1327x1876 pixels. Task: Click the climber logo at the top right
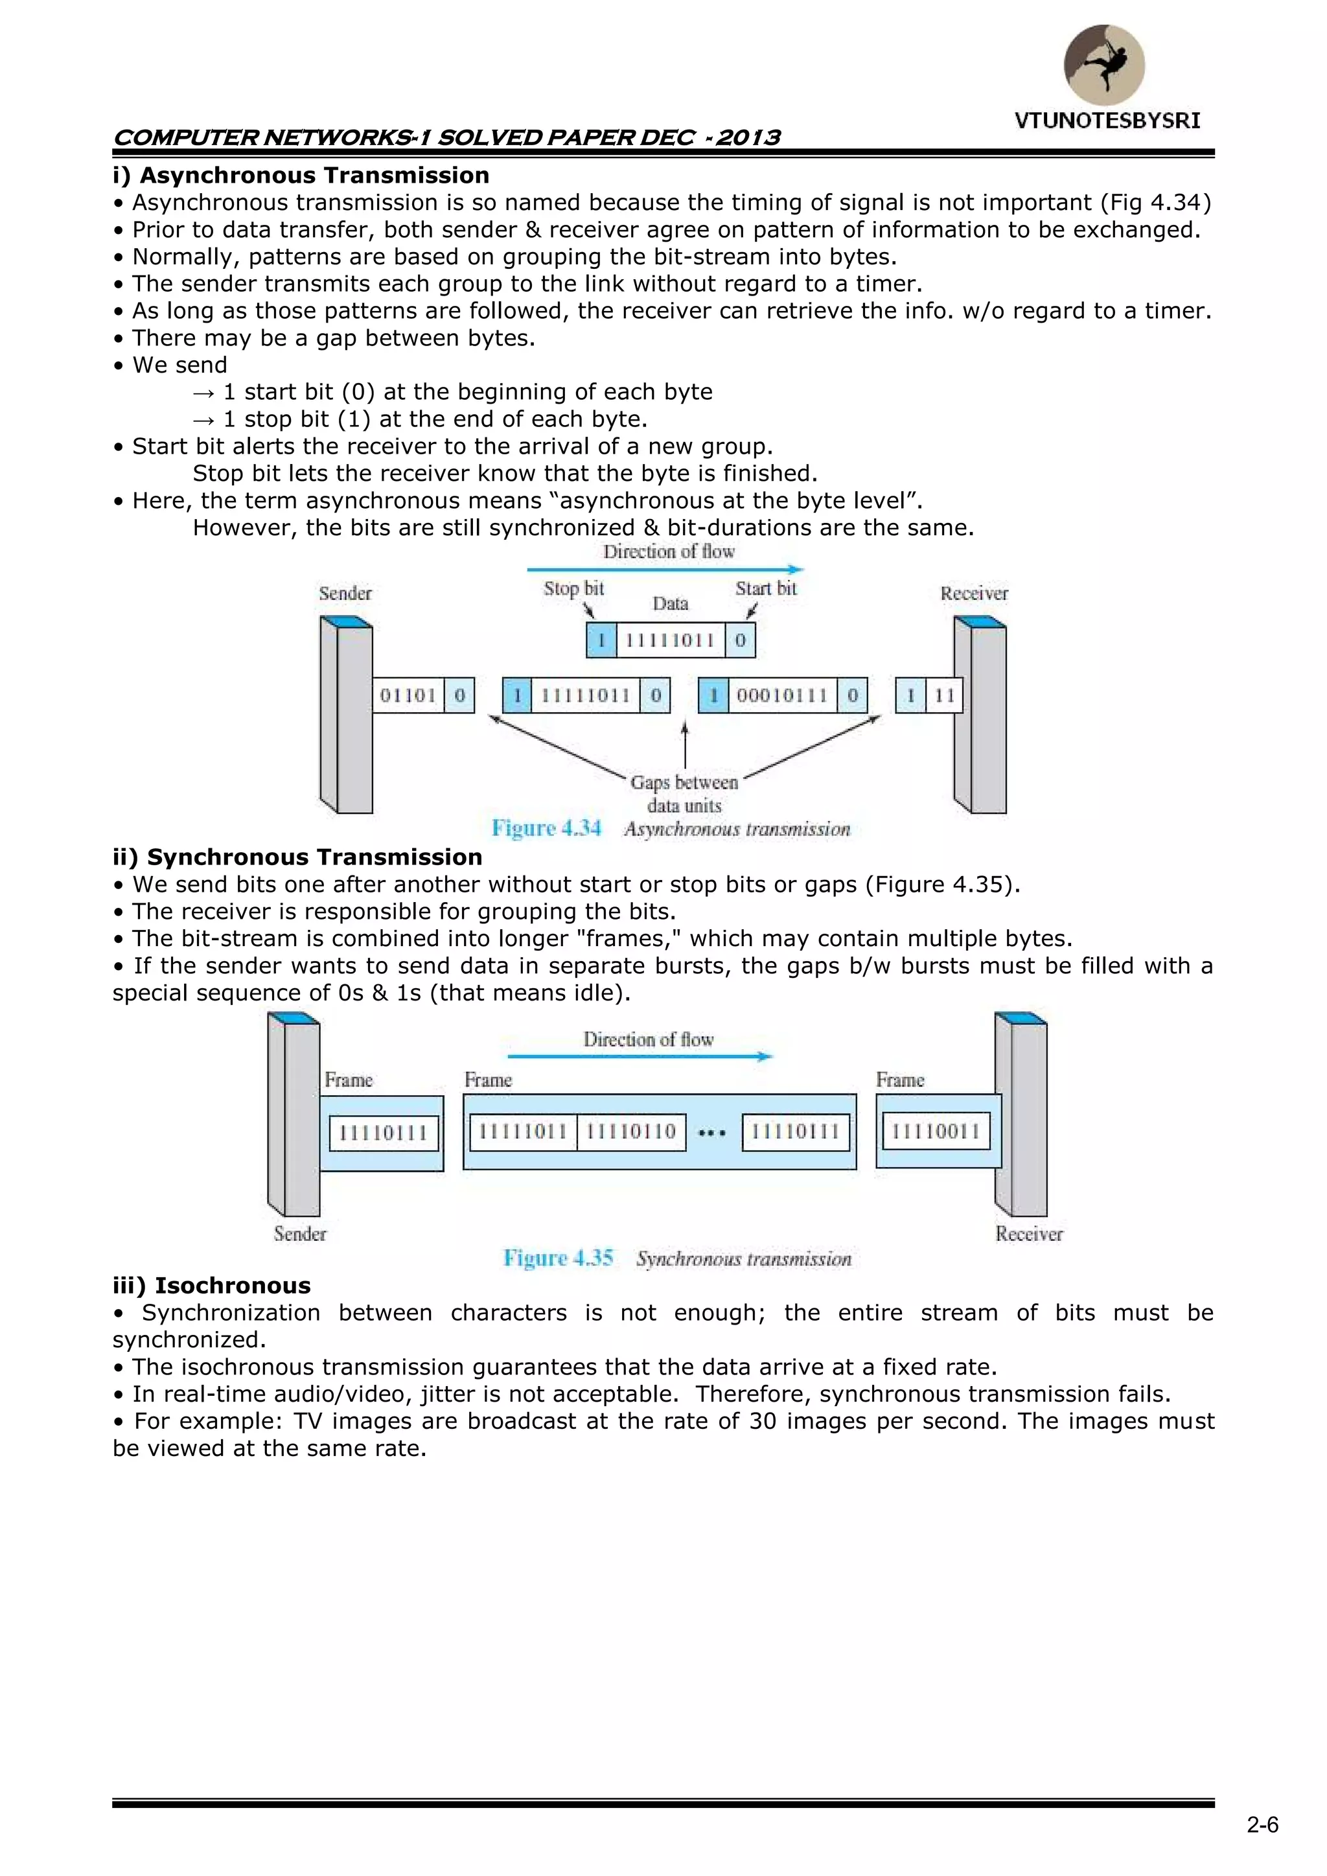click(x=1104, y=65)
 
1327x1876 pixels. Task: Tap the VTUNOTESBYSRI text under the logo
click(x=1107, y=121)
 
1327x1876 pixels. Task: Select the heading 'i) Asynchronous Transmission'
click(x=301, y=175)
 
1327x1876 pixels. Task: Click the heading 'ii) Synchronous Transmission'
click(x=297, y=857)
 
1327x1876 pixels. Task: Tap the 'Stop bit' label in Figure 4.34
click(x=573, y=588)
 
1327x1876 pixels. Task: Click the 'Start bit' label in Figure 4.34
click(x=766, y=588)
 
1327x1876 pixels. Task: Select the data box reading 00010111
click(x=782, y=695)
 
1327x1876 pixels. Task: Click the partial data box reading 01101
click(x=408, y=695)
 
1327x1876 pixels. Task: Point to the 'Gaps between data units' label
click(x=685, y=793)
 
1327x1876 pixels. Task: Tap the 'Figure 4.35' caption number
click(x=558, y=1258)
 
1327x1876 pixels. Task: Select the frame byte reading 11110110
click(x=631, y=1131)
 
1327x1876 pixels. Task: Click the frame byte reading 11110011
click(x=936, y=1131)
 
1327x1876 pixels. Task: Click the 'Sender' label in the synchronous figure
click(x=300, y=1234)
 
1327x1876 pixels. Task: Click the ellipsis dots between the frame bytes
click(x=713, y=1133)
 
